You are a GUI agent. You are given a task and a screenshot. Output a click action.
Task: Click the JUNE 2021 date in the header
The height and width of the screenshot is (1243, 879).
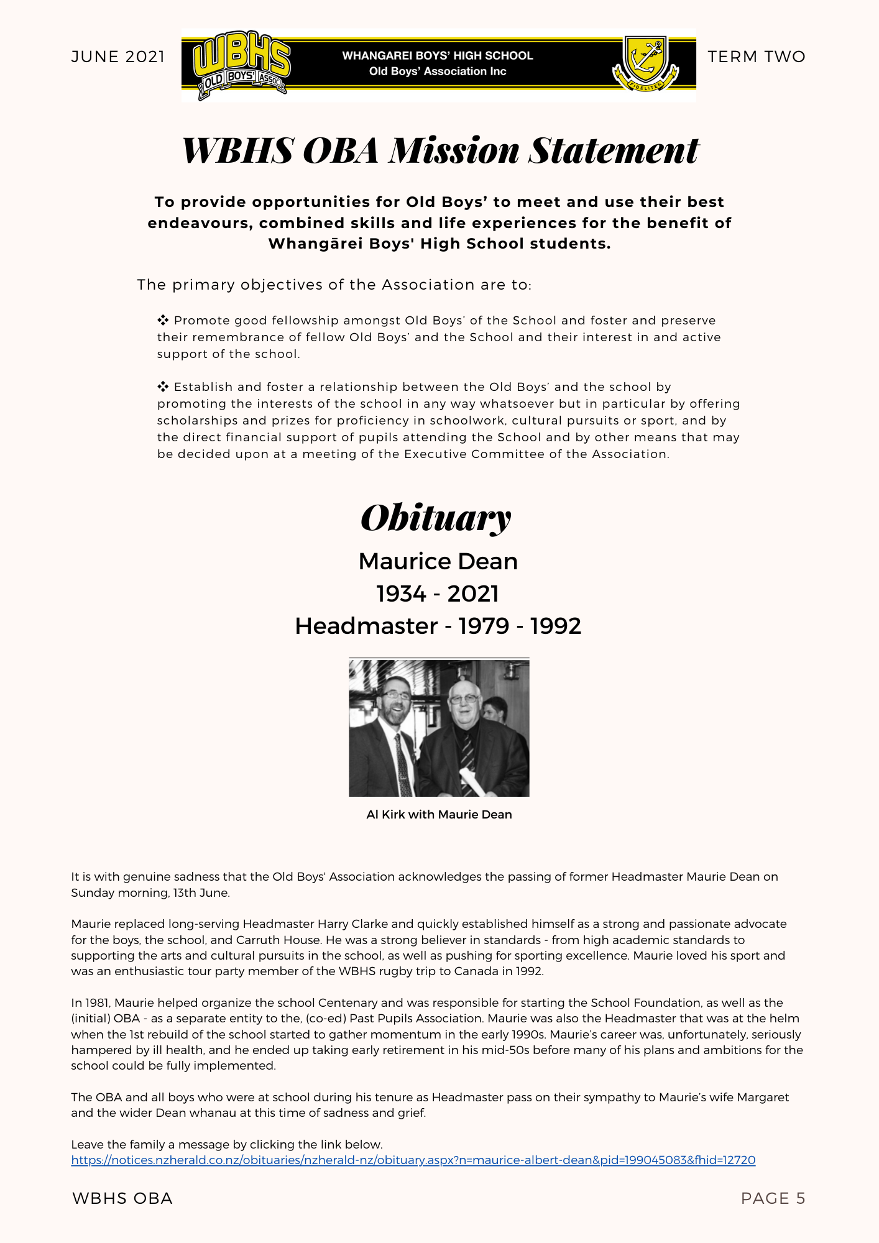(x=118, y=57)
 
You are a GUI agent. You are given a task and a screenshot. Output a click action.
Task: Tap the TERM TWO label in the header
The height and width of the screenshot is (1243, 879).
(x=756, y=57)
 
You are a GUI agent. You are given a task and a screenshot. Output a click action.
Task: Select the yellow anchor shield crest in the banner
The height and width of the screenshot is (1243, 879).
(x=646, y=59)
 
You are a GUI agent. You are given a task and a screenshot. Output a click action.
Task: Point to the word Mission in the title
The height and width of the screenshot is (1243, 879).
(x=454, y=150)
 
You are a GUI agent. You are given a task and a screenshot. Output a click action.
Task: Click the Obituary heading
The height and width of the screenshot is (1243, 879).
(x=436, y=518)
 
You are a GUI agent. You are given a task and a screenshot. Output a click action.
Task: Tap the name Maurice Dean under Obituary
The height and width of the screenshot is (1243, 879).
(x=438, y=561)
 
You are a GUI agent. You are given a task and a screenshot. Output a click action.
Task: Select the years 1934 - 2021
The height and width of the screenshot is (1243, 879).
(x=438, y=594)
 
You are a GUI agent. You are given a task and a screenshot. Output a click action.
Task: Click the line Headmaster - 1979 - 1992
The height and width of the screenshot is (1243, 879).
(x=438, y=626)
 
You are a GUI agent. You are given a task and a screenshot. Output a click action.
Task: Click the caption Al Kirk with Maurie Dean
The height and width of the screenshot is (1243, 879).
(x=439, y=814)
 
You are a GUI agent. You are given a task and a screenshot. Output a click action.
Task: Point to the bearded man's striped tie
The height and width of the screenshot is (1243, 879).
(x=403, y=764)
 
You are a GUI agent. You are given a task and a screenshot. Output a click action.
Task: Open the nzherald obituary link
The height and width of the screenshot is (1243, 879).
(x=413, y=1160)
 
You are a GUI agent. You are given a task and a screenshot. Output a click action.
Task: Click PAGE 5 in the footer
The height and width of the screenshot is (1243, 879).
(x=773, y=1198)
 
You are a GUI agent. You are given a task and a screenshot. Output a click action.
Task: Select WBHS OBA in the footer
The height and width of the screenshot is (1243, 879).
(x=122, y=1198)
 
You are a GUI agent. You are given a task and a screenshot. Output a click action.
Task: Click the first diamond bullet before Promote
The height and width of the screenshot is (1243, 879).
(x=163, y=321)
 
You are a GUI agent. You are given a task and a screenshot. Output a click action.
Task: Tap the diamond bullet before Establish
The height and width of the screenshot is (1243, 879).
(x=163, y=387)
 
